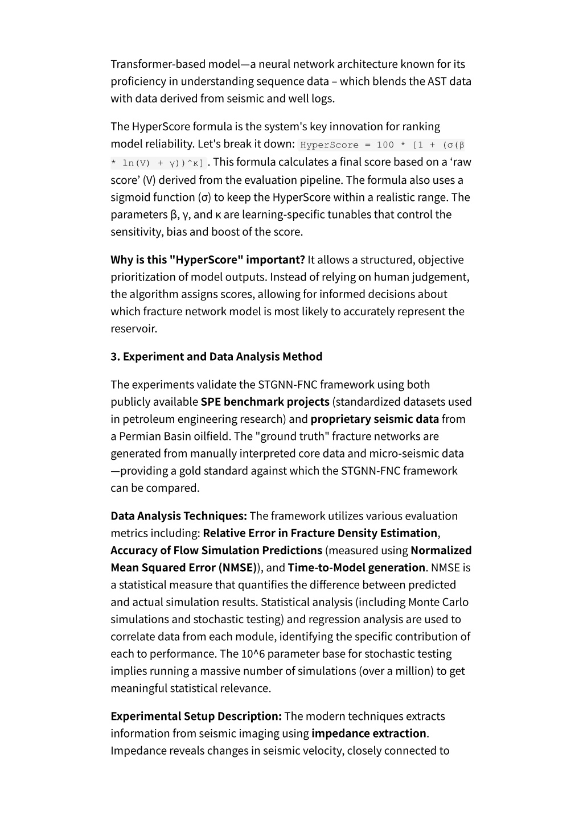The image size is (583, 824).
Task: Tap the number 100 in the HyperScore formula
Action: [385, 145]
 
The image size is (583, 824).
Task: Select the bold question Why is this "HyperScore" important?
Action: [208, 260]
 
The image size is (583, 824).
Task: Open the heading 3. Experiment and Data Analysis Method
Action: [216, 357]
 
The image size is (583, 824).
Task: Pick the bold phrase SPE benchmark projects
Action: [265, 402]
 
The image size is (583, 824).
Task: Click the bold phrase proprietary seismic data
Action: [375, 419]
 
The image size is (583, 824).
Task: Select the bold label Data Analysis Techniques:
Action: [179, 516]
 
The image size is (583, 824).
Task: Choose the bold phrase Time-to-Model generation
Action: [356, 567]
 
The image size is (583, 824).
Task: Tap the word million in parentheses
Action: [415, 671]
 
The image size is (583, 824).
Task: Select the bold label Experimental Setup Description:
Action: [196, 716]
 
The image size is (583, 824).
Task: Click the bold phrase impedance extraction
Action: [369, 734]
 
